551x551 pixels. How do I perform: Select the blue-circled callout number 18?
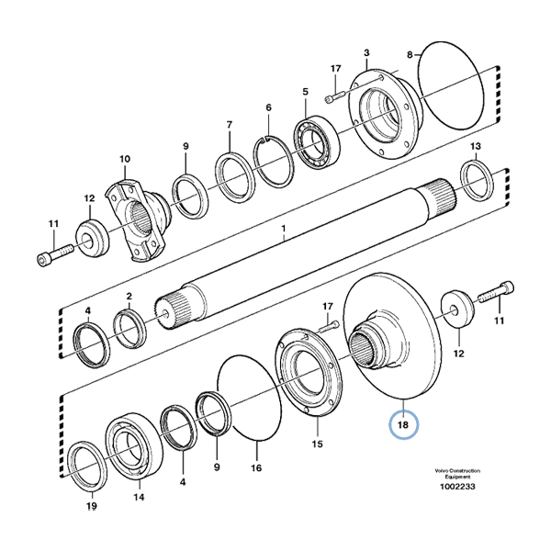tap(402, 425)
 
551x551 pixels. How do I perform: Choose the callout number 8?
tap(411, 53)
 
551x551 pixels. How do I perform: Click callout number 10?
tap(125, 159)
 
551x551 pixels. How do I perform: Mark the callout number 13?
tap(475, 147)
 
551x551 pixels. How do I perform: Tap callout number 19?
tap(91, 506)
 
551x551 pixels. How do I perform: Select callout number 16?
tap(257, 468)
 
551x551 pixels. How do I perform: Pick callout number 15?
tap(317, 444)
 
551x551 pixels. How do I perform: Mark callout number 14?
tap(139, 499)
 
